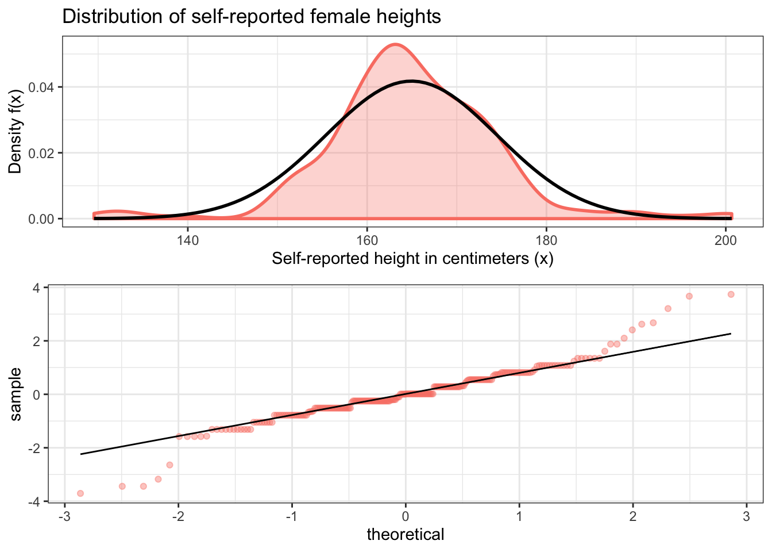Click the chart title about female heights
pos(252,17)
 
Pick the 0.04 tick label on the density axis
pos(42,87)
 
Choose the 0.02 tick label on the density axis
pos(42,153)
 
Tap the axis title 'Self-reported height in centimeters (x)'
pos(412,259)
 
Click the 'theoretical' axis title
pos(406,535)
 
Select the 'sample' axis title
pos(16,394)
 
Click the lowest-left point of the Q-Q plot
pos(80,493)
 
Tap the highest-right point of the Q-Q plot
pos(731,294)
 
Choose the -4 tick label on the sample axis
pos(34,502)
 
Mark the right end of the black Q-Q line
pos(731,333)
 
